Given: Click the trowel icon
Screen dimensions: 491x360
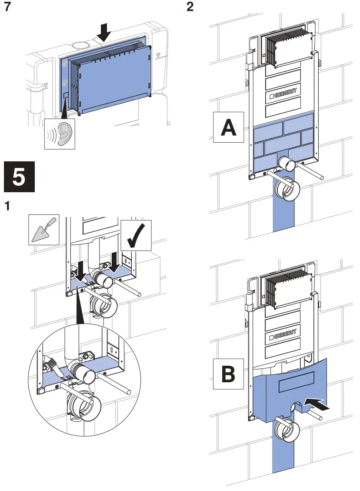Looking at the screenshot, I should [x=44, y=229].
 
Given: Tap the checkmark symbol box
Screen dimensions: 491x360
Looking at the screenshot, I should [x=137, y=235].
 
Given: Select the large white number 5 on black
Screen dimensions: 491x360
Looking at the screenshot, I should [x=19, y=177].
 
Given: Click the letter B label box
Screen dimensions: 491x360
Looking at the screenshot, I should [x=228, y=373].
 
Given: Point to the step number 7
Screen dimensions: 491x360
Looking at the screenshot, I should [x=7, y=8].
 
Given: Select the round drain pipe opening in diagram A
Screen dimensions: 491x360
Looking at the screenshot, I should [x=287, y=190].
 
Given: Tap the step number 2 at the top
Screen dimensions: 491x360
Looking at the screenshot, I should [x=190, y=8].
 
